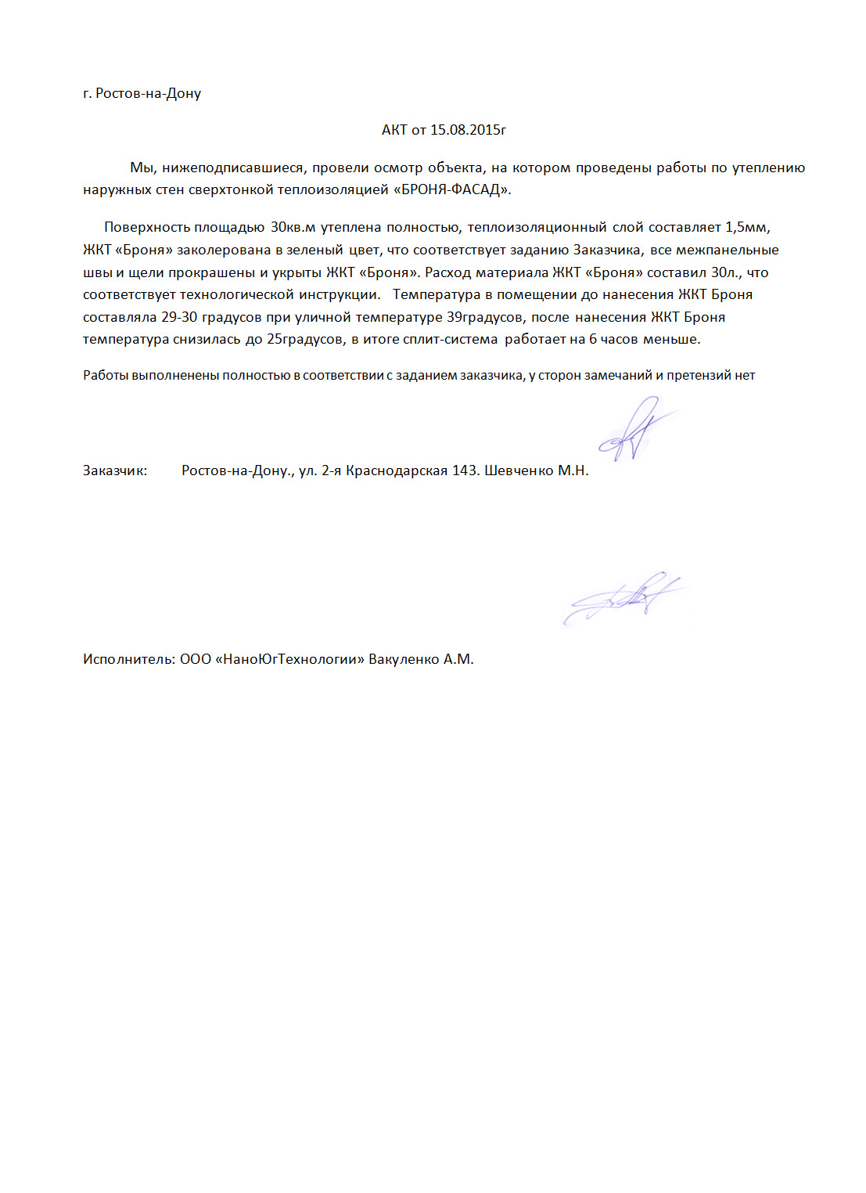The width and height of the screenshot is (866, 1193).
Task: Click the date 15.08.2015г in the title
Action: click(x=468, y=130)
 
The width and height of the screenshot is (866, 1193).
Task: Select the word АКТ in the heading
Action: click(x=394, y=130)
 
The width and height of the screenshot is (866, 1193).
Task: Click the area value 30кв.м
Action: click(x=293, y=227)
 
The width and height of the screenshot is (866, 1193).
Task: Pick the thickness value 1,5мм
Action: click(x=747, y=227)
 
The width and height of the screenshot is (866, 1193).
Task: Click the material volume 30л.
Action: click(x=724, y=272)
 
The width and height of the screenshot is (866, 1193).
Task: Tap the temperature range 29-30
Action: click(x=179, y=317)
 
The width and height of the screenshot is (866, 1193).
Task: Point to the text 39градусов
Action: click(x=485, y=317)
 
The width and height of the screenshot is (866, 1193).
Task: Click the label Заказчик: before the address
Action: click(x=115, y=470)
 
